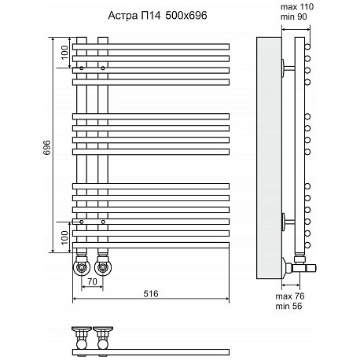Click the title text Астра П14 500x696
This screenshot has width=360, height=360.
(x=157, y=16)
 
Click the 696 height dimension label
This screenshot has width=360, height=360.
(x=47, y=148)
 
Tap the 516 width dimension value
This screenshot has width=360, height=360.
(x=151, y=294)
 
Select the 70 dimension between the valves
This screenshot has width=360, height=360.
(x=92, y=281)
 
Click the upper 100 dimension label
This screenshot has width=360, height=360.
(x=64, y=53)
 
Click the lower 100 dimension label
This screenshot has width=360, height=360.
(x=64, y=237)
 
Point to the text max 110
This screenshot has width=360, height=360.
(x=297, y=7)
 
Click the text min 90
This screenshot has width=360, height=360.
(x=293, y=17)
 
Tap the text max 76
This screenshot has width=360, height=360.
(x=290, y=296)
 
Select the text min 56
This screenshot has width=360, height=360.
(x=288, y=306)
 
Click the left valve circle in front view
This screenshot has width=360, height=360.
(x=82, y=268)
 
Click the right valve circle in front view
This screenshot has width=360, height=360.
(x=103, y=268)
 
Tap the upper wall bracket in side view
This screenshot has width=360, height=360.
(x=288, y=68)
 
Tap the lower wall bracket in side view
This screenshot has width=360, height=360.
(x=288, y=222)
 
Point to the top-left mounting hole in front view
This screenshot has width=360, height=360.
(x=82, y=68)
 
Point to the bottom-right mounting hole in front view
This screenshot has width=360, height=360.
(x=103, y=222)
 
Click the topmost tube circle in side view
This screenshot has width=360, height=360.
(x=307, y=47)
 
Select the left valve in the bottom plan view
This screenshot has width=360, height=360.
(x=82, y=338)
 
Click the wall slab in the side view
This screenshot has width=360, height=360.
(x=269, y=158)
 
